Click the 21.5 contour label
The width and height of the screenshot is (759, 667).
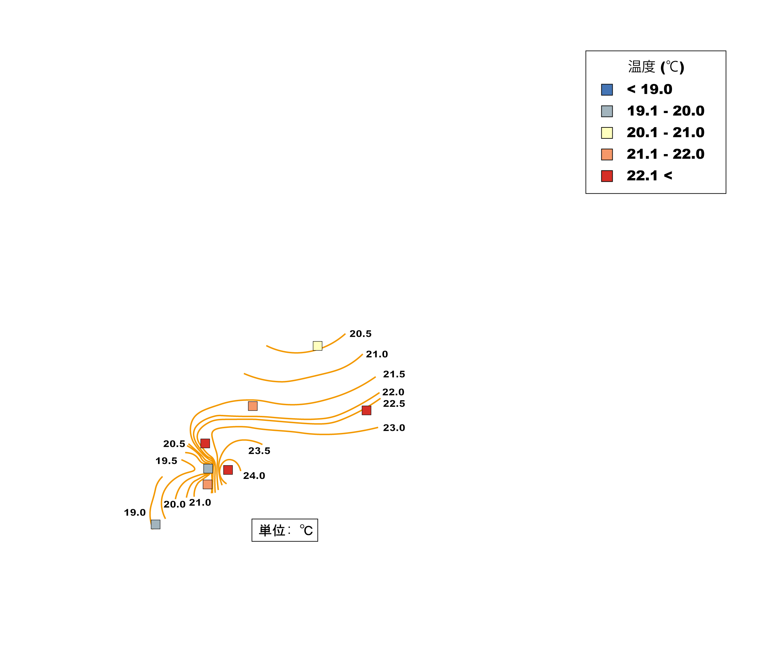[x=394, y=374]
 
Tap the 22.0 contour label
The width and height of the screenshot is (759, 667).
[x=393, y=392]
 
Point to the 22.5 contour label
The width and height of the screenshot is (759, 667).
[x=394, y=404]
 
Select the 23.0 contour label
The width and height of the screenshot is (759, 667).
[x=394, y=428]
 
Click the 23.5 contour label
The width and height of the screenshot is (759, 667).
[x=259, y=451]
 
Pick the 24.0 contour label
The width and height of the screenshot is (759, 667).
[x=254, y=476]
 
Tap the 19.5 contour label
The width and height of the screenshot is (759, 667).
[x=166, y=461]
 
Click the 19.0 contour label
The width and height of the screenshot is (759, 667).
[x=135, y=512]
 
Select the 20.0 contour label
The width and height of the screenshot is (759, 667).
[x=175, y=504]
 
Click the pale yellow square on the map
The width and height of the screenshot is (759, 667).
[x=317, y=346]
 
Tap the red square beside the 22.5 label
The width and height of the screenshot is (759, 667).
[x=367, y=410]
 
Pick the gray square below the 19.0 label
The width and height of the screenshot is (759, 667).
[x=156, y=524]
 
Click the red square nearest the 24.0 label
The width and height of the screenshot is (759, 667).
[x=228, y=470]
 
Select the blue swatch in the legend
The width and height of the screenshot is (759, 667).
[x=607, y=90]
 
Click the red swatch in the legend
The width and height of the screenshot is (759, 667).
[x=607, y=176]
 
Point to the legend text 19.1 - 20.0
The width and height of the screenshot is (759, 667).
[x=665, y=111]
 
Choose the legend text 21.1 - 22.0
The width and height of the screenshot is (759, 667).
[x=665, y=154]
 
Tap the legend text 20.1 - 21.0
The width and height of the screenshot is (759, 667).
[x=665, y=132]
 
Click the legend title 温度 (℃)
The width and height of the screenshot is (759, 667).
[x=656, y=67]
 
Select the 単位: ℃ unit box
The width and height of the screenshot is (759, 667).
[x=285, y=530]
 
